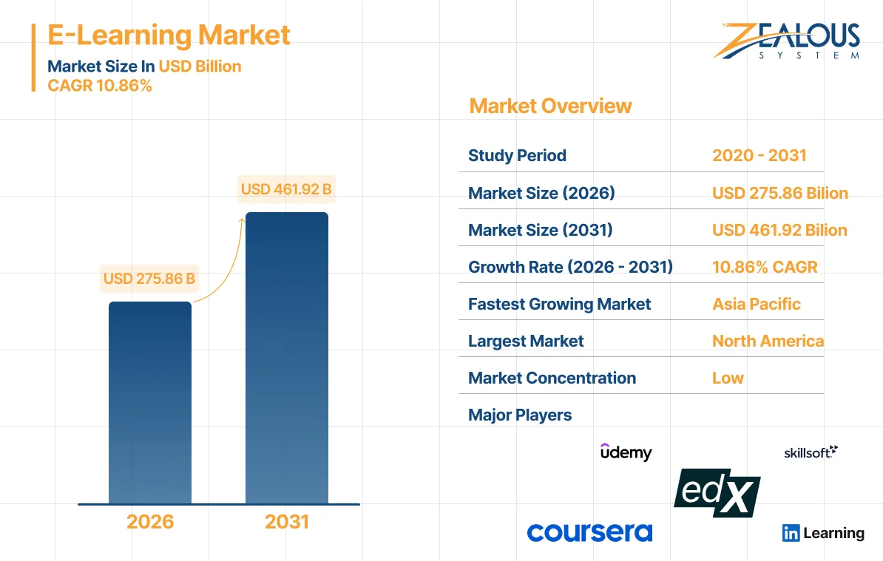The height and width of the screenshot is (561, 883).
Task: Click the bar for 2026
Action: click(150, 403)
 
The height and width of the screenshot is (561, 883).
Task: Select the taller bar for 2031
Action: click(287, 358)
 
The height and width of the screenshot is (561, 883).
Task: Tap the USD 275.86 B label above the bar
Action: click(149, 279)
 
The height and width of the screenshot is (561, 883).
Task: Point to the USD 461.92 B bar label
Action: click(286, 189)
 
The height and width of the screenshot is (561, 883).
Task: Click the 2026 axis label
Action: click(150, 522)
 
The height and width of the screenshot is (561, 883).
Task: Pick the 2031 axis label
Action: click(287, 522)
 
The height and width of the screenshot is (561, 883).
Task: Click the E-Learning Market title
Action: click(169, 35)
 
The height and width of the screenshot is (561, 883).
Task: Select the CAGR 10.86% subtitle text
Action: click(100, 86)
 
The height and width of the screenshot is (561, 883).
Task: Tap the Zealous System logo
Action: click(786, 41)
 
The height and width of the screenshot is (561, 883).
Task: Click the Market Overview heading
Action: click(550, 106)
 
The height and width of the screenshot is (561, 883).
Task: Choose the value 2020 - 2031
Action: click(759, 156)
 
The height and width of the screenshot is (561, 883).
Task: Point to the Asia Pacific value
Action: click(756, 304)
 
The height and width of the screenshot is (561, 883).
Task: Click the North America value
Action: click(768, 341)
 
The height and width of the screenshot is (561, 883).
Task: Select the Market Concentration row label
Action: click(552, 378)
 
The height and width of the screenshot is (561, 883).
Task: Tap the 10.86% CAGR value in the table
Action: click(765, 267)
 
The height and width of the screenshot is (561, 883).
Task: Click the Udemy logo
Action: click(626, 452)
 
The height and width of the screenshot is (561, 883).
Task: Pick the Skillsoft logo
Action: click(811, 452)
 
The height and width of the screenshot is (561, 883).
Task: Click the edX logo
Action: click(717, 492)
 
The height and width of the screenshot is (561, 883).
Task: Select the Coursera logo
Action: click(589, 532)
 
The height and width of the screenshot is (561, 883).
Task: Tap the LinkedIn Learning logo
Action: click(823, 533)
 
